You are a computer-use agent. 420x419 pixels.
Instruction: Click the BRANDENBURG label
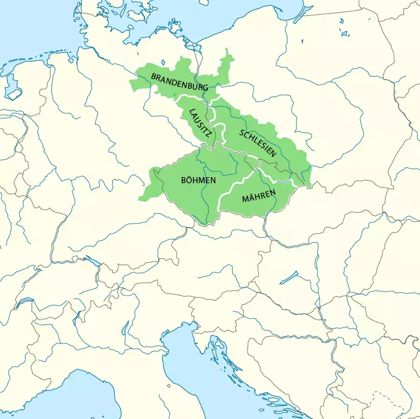click(179, 82)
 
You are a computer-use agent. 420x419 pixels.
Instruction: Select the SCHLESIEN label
click(258, 142)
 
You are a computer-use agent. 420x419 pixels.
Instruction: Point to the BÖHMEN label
click(199, 180)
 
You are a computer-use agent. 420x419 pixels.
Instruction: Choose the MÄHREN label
click(259, 196)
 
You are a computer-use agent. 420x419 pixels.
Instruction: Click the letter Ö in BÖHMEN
click(189, 180)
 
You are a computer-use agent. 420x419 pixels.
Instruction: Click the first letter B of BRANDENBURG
click(153, 76)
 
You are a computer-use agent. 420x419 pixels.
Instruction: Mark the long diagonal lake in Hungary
click(289, 277)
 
